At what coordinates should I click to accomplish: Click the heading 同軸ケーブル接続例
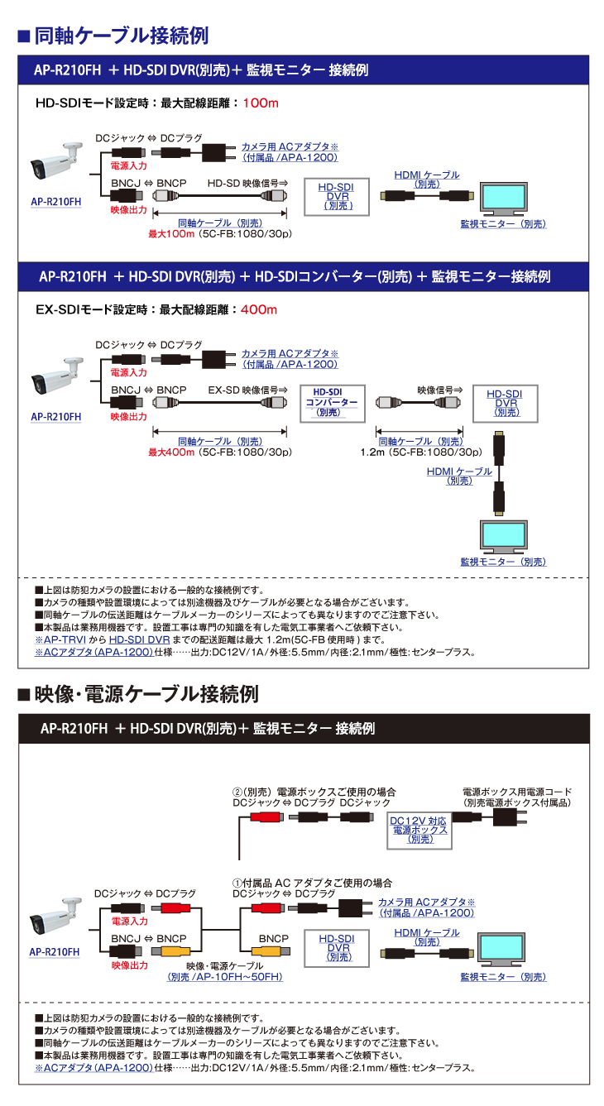pyautogui.click(x=121, y=36)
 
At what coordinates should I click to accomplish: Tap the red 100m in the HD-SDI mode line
pyautogui.click(x=262, y=103)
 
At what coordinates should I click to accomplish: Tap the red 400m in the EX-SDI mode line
pyautogui.click(x=259, y=310)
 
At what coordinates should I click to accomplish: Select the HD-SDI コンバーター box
pyautogui.click(x=331, y=401)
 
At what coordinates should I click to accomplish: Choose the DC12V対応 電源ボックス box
pyautogui.click(x=419, y=829)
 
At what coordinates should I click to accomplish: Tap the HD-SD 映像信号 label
pyautogui.click(x=247, y=183)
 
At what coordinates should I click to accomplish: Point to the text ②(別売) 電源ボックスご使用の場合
pyautogui.click(x=314, y=792)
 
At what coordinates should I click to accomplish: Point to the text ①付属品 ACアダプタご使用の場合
pyautogui.click(x=312, y=883)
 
